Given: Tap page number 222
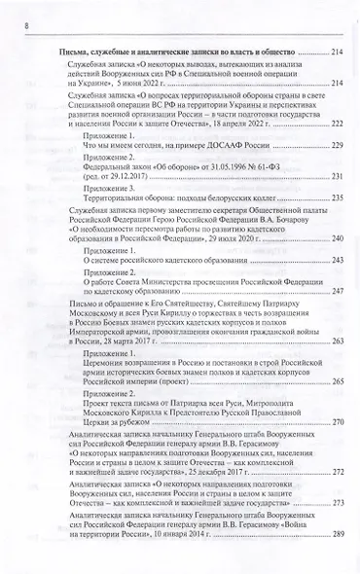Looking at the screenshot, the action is [x=338, y=125].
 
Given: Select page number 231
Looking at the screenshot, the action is [x=338, y=176].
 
